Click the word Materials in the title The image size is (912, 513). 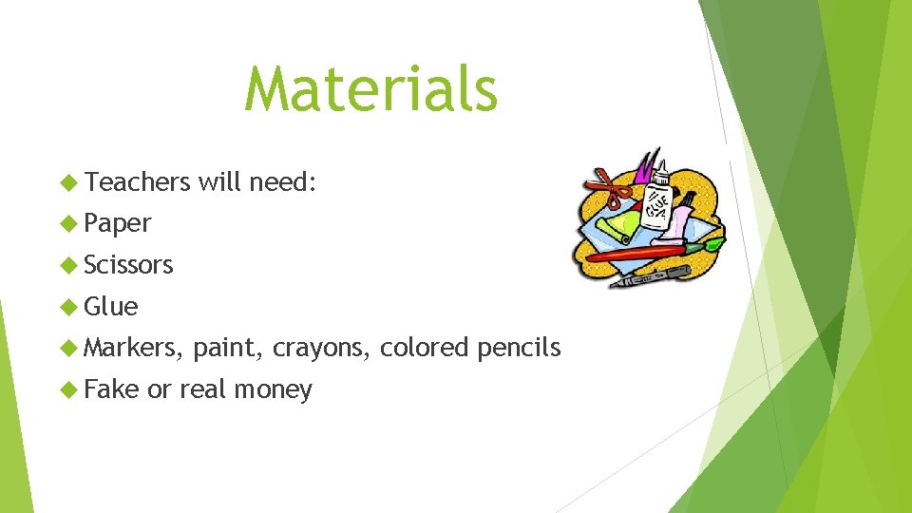370,90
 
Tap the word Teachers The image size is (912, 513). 137,181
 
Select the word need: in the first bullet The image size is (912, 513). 281,181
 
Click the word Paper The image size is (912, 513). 117,223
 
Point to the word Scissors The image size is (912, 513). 128,265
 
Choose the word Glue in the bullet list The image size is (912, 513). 110,307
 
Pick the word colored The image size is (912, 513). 423,349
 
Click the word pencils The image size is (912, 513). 519,349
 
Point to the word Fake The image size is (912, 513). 111,389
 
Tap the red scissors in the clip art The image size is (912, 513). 608,189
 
